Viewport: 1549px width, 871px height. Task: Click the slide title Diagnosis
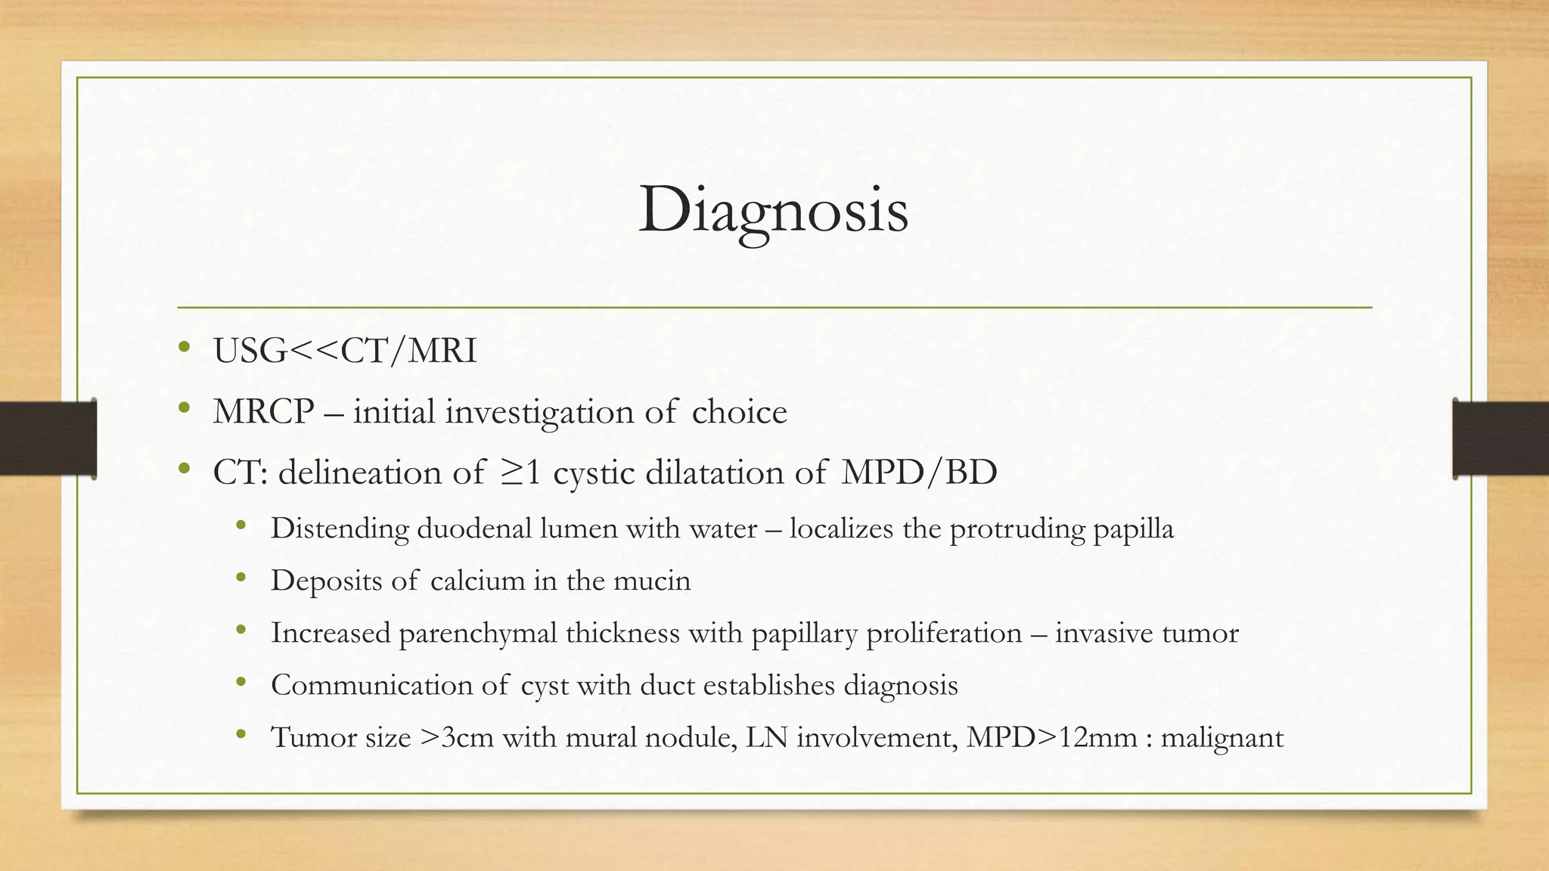(x=773, y=210)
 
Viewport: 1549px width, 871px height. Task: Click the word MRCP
(x=263, y=412)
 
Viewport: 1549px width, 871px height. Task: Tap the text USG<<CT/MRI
(x=345, y=351)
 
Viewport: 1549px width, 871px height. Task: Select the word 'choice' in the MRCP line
(x=739, y=412)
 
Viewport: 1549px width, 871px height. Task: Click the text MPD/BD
(x=919, y=473)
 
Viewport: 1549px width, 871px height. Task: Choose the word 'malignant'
(x=1222, y=737)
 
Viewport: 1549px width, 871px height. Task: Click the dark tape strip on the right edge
(x=1501, y=439)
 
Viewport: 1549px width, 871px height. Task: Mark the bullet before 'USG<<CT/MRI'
(x=183, y=349)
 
